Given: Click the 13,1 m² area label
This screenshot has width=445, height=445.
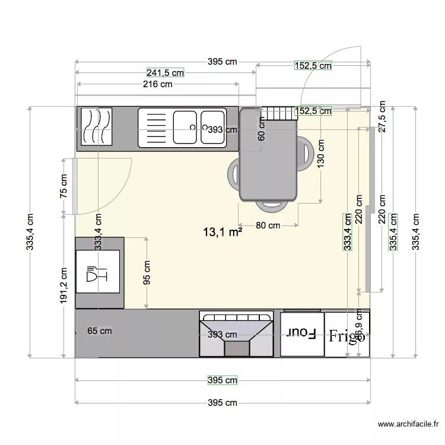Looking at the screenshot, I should click(x=223, y=232).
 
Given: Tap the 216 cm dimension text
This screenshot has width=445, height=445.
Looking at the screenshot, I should click(x=158, y=84).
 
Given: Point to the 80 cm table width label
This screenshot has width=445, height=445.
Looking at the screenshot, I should click(x=268, y=225).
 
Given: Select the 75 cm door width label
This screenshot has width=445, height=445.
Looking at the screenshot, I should click(x=64, y=186).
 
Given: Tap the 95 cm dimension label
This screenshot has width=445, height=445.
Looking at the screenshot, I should click(x=147, y=273).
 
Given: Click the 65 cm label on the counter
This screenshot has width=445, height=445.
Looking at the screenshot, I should click(x=99, y=331).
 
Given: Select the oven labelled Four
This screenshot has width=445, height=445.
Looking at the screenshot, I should click(x=302, y=334).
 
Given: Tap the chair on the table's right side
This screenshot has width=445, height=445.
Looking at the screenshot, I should click(x=306, y=154).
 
